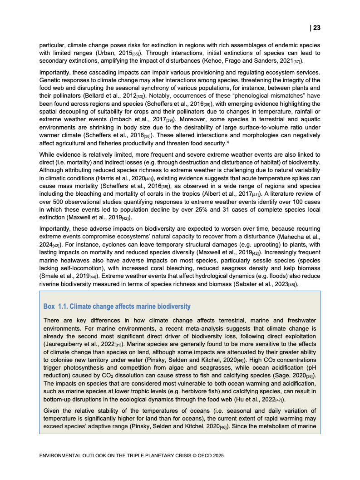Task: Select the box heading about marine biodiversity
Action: click(117, 307)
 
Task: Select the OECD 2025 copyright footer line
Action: click(132, 455)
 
